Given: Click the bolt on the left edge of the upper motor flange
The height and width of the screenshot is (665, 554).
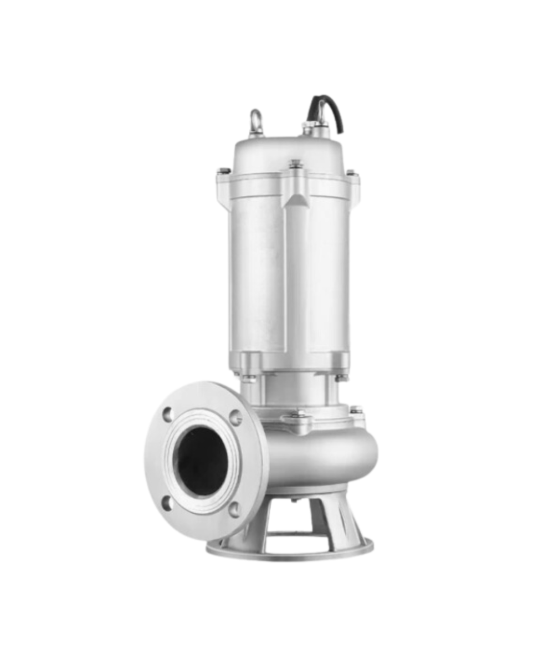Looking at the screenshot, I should [x=224, y=171].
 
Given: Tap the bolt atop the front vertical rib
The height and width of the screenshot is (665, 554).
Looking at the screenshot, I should [x=295, y=164].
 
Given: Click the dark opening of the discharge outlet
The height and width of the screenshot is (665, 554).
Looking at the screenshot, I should [x=201, y=460].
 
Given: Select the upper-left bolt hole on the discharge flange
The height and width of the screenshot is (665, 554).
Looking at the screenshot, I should [x=168, y=413].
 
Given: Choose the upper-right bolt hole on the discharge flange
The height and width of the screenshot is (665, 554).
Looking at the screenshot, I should [x=235, y=417].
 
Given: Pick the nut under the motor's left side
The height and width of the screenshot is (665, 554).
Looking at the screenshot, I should [x=249, y=378].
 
